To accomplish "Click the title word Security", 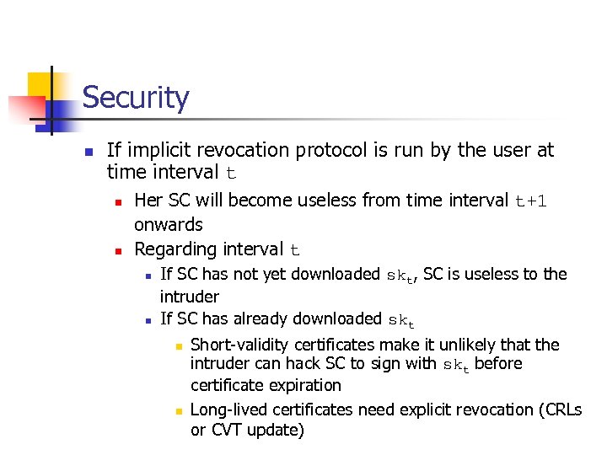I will [135, 98].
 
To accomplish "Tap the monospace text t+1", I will [531, 201].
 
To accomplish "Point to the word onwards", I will [169, 225].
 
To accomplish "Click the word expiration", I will [302, 385].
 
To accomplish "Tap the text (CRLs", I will [561, 410].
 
